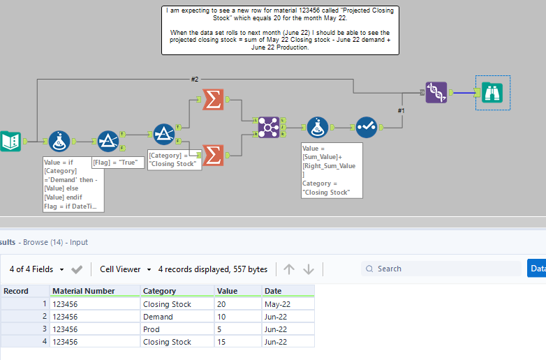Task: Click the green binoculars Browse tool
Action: point(493,93)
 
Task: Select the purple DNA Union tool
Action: point(436,93)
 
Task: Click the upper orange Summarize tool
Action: point(212,100)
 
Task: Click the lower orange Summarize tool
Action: point(212,155)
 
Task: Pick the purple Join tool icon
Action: point(268,127)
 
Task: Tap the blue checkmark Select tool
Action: point(366,127)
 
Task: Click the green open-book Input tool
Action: point(10,141)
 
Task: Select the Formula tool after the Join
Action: point(318,127)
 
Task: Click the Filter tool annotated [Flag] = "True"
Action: point(108,141)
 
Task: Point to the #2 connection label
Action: point(195,79)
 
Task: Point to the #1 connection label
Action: point(401,110)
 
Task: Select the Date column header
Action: point(272,291)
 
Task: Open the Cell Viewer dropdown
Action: point(125,269)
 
